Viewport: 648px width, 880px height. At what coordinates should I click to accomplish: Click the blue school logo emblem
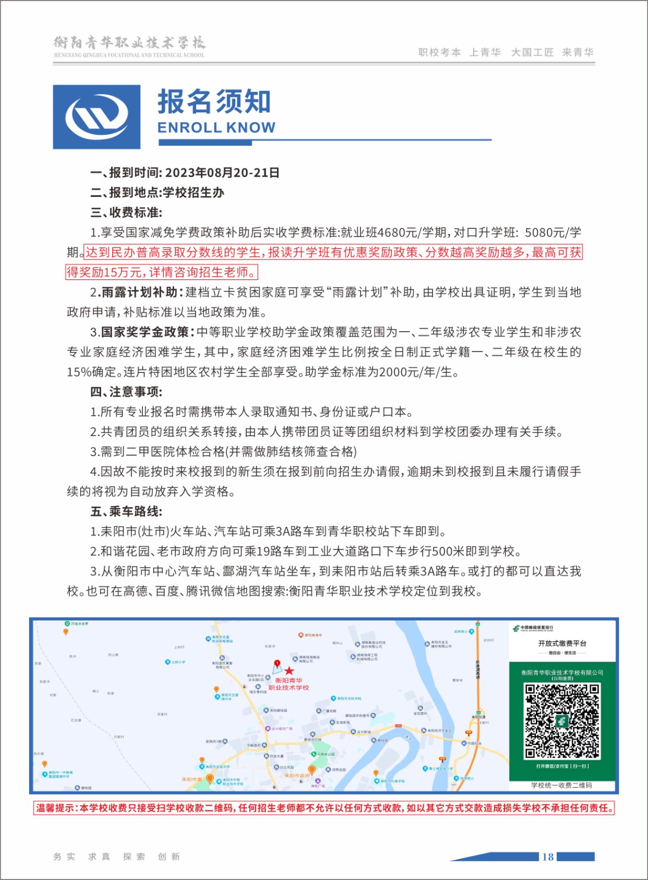(x=97, y=117)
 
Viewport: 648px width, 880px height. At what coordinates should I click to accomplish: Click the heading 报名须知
(x=214, y=102)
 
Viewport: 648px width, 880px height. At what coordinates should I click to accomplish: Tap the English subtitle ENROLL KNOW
(x=216, y=128)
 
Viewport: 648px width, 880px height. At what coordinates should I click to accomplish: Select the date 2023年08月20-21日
(x=222, y=173)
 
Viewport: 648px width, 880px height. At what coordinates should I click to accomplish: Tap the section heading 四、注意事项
(x=126, y=392)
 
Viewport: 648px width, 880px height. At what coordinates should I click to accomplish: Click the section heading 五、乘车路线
(x=126, y=512)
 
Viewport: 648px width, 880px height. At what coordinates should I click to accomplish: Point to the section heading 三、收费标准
(x=126, y=212)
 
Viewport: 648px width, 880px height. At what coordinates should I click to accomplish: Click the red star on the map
(x=289, y=670)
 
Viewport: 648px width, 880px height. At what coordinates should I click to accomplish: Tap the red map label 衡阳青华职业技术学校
(x=289, y=684)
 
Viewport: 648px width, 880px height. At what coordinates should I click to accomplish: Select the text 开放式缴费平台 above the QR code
(x=562, y=643)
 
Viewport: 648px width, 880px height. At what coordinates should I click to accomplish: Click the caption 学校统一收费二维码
(x=562, y=785)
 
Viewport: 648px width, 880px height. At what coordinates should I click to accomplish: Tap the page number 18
(x=547, y=857)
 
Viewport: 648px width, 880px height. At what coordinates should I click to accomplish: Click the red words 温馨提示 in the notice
(x=54, y=808)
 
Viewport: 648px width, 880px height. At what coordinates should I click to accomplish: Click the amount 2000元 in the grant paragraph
(x=399, y=372)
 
